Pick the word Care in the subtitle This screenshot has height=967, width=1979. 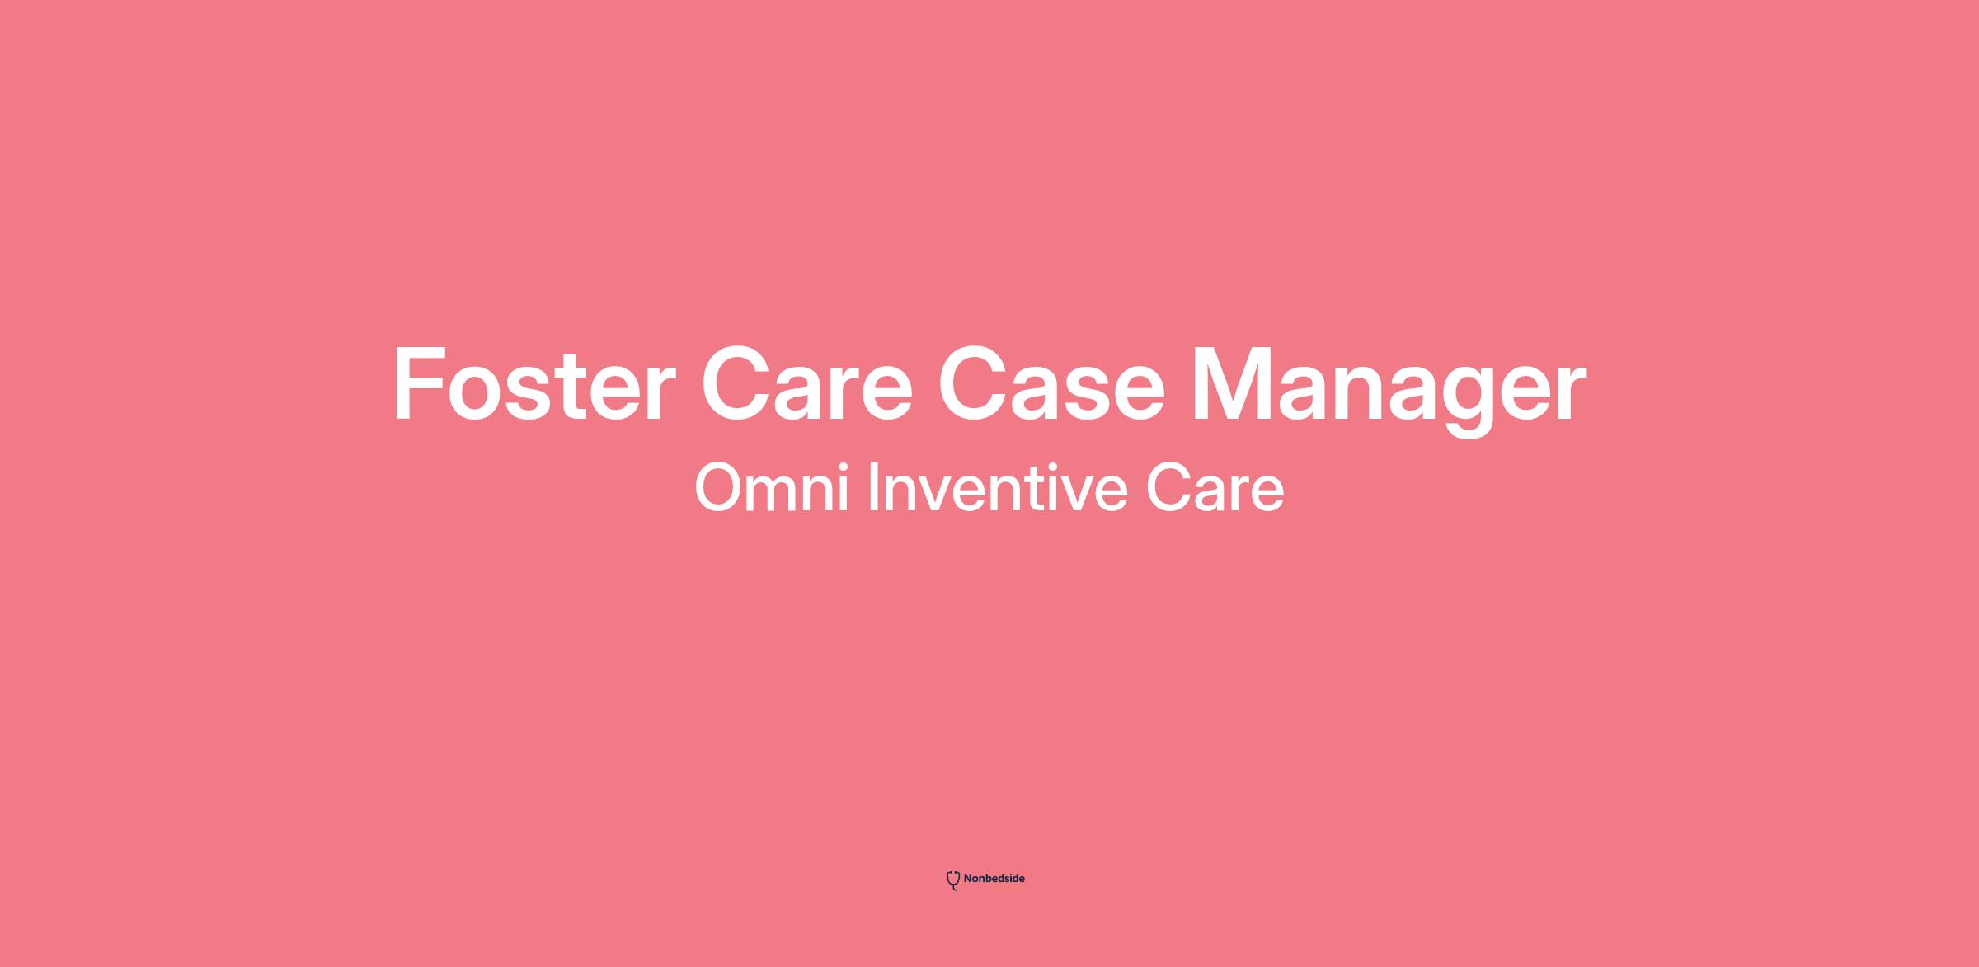click(x=1215, y=488)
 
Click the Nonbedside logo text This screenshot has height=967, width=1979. click(x=994, y=879)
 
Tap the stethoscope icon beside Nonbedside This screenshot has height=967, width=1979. click(x=953, y=880)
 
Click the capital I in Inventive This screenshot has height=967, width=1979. click(x=873, y=488)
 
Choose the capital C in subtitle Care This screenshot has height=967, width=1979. click(x=1167, y=488)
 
